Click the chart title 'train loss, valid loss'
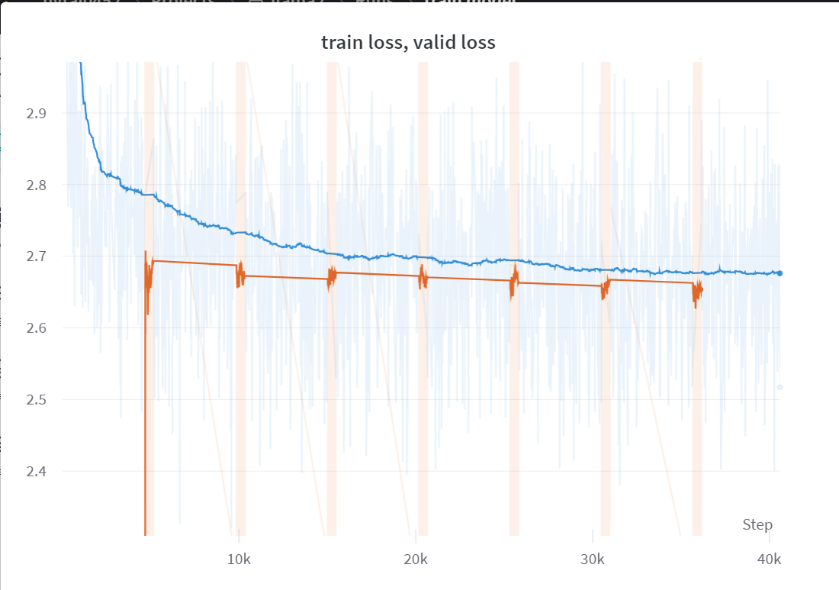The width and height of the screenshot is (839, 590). (x=408, y=43)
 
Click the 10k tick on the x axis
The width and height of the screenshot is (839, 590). (x=239, y=559)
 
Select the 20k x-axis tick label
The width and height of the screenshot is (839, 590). (x=416, y=559)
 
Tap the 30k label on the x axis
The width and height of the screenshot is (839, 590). (x=592, y=559)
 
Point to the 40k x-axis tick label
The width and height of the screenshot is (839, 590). (x=769, y=559)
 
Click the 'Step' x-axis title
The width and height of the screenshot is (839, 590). (x=757, y=524)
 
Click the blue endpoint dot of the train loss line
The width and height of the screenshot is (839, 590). (x=780, y=273)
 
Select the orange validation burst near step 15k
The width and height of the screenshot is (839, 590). (x=331, y=278)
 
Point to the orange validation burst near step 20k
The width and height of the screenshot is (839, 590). (x=423, y=279)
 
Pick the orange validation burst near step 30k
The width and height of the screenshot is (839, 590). (x=606, y=288)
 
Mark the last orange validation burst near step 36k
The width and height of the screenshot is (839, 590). (x=697, y=292)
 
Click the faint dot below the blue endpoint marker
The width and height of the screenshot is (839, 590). (x=780, y=387)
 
